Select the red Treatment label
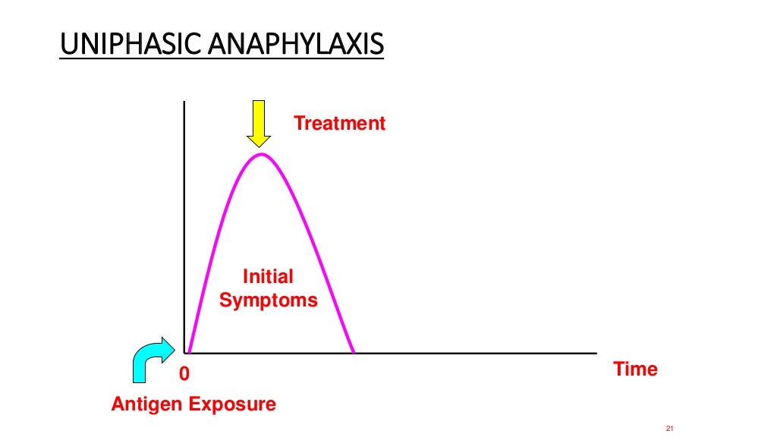point(339,123)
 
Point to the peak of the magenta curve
point(261,155)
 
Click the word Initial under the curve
point(268,277)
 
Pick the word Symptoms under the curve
point(269,300)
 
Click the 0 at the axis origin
point(183,374)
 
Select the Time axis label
point(635,369)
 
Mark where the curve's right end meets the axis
point(353,353)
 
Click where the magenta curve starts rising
point(189,352)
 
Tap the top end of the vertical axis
point(184,102)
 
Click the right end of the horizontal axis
point(596,353)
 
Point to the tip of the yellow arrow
point(260,146)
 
